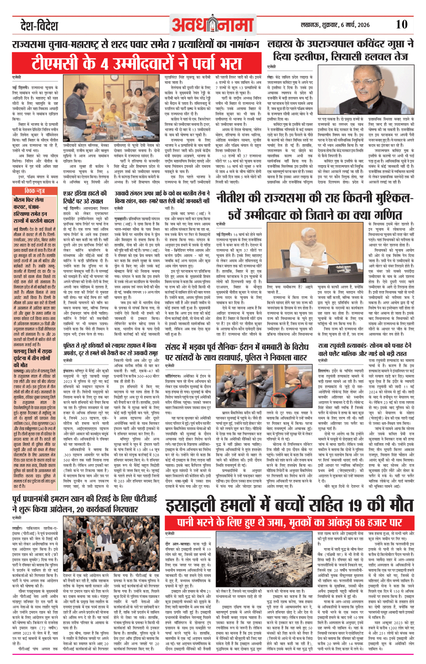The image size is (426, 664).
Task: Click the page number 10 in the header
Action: [401, 24]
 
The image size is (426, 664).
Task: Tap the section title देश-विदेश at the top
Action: [39, 26]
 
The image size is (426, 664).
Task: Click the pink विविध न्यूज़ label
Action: [35, 191]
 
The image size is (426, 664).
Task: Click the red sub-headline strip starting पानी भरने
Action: [289, 523]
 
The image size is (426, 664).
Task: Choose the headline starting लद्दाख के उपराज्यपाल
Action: [340, 50]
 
